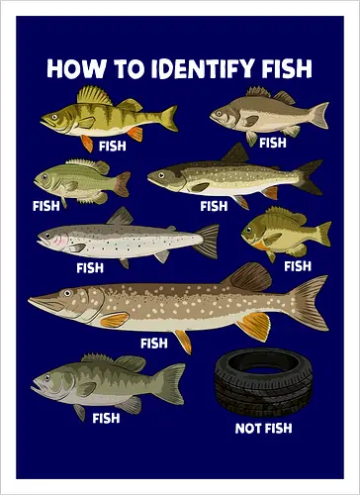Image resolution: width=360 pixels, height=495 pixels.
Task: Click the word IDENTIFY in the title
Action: (x=184, y=68)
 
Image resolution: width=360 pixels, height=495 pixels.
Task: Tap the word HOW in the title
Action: (x=71, y=68)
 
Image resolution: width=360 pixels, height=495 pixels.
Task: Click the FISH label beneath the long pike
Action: (x=153, y=344)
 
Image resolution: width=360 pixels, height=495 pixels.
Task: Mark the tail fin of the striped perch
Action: (x=167, y=118)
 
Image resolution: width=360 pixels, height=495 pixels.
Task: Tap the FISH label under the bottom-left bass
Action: (x=105, y=417)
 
